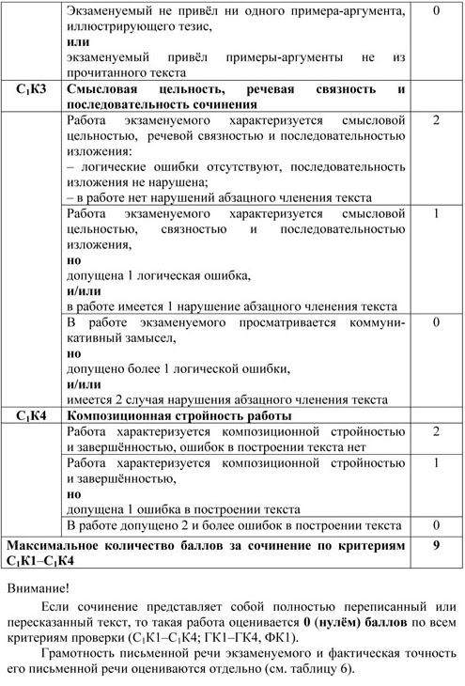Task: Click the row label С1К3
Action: [x=32, y=89]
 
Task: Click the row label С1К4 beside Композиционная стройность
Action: [x=32, y=414]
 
